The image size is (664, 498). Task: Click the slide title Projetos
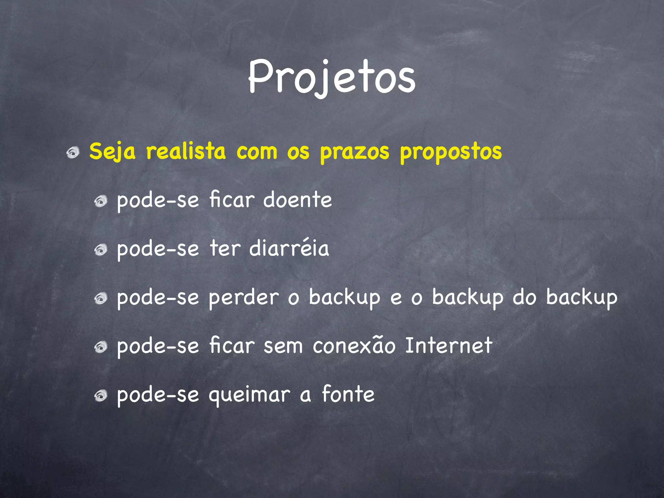[x=332, y=78]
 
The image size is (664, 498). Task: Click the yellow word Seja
[x=112, y=151]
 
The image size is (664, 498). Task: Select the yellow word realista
[x=185, y=151]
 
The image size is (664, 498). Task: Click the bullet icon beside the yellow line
[x=73, y=152]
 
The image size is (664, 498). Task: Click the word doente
[x=297, y=200]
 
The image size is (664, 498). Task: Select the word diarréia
[x=289, y=248]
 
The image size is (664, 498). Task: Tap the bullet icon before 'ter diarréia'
[x=101, y=250]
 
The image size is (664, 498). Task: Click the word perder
[x=243, y=297]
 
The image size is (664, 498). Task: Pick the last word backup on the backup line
[x=582, y=297]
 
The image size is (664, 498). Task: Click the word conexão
[x=354, y=346]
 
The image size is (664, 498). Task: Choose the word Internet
[x=449, y=346]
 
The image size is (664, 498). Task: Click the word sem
[x=283, y=346]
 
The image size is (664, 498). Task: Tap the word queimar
[x=249, y=395]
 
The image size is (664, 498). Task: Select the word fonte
[x=348, y=394]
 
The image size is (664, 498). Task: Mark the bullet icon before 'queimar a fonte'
[x=101, y=396]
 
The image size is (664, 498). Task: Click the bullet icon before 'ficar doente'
[x=101, y=201]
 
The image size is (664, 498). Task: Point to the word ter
[x=225, y=248]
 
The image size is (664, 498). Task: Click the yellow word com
[x=256, y=152]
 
